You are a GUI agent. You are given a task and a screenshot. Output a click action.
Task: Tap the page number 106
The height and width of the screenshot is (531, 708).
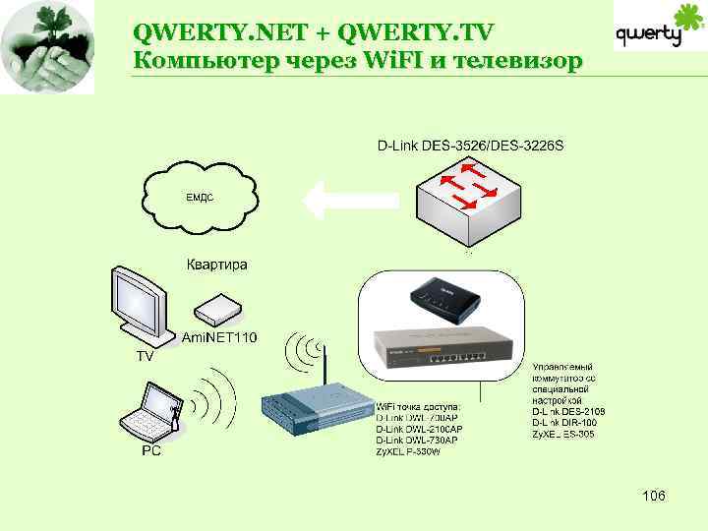coord(653,495)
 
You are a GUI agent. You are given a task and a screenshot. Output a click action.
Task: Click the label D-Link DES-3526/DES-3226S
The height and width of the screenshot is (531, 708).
coord(470,147)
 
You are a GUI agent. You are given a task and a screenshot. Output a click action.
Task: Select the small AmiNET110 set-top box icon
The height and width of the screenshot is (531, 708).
coord(218,311)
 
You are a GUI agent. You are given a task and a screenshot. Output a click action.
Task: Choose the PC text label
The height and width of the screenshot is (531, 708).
coord(151,451)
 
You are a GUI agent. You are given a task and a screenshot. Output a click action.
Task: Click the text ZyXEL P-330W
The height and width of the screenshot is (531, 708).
coord(409,450)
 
